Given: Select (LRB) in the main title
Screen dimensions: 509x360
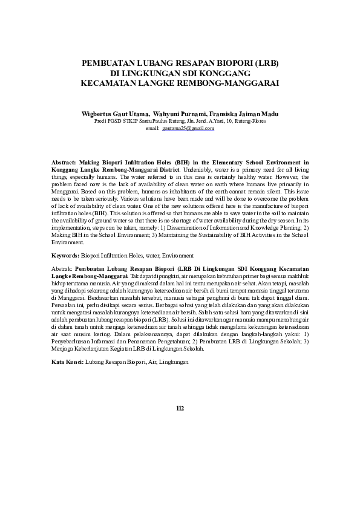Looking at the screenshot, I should tap(265, 63).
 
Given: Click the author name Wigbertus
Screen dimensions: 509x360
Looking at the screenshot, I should tap(100, 114).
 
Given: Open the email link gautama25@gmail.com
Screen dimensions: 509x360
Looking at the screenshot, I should tap(188, 129).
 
